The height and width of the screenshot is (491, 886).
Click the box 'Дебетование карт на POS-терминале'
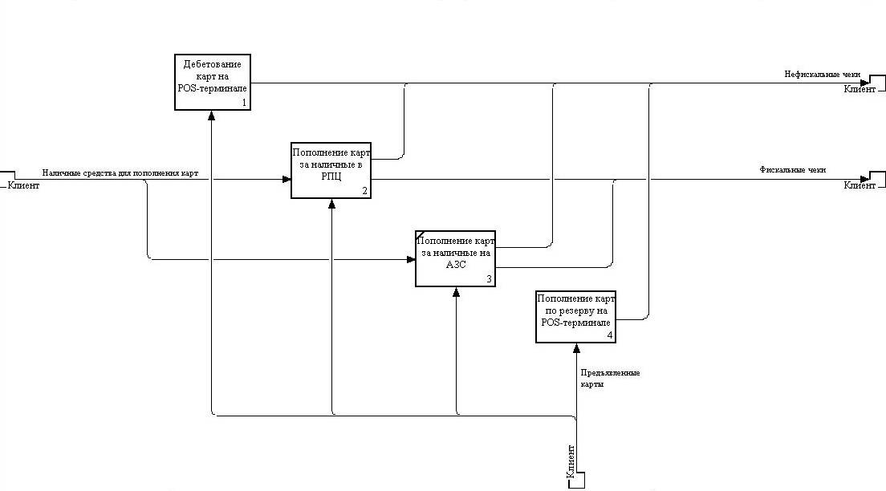(x=212, y=82)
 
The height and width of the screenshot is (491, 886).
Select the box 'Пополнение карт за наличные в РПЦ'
(x=331, y=169)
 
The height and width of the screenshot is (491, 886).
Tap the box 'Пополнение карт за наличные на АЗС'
(x=455, y=258)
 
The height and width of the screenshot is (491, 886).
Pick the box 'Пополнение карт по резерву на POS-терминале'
(x=575, y=317)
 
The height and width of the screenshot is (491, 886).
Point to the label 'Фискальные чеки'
(x=793, y=169)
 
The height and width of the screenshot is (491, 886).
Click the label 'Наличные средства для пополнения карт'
(x=120, y=173)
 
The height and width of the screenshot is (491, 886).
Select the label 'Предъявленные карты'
(x=609, y=378)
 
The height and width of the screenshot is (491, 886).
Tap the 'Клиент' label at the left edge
(x=24, y=185)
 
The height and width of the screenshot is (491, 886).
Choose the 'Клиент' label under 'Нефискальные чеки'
(x=859, y=88)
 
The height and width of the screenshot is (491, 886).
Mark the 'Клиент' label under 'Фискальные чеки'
(x=859, y=185)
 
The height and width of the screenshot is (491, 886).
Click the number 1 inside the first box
(x=242, y=103)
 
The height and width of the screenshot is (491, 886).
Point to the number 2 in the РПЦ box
(x=364, y=191)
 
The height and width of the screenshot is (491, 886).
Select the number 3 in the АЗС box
(x=489, y=279)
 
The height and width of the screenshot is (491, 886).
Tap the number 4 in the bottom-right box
(x=609, y=335)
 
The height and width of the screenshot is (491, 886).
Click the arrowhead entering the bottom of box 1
(x=212, y=115)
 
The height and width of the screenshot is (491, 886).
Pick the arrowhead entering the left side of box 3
(x=410, y=259)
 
